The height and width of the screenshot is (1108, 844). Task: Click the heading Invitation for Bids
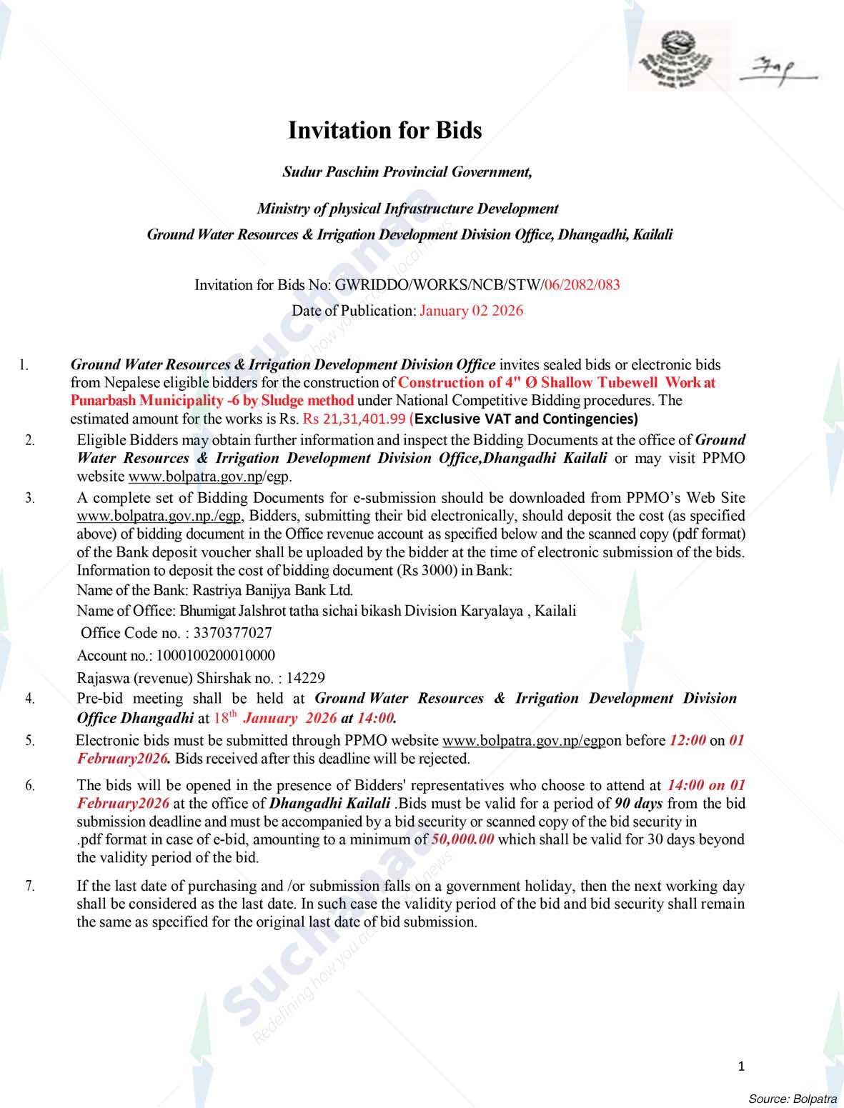point(384,130)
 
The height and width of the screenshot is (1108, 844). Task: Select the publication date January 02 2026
point(471,311)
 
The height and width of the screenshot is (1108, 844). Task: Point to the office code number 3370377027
point(232,633)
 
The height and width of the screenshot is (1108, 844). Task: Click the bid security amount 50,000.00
point(463,839)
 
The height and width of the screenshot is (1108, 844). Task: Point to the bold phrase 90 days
point(638,803)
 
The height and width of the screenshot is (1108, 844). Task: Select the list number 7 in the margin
point(30,886)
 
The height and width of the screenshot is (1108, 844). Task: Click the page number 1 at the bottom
point(741,1067)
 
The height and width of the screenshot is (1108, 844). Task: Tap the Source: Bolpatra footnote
point(792,1097)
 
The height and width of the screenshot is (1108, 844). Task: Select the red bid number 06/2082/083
point(582,285)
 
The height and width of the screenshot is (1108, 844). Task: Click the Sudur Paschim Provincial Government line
point(407,172)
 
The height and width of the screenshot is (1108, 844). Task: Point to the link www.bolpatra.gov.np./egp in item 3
point(160,516)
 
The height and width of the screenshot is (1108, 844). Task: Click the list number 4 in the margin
point(30,699)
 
